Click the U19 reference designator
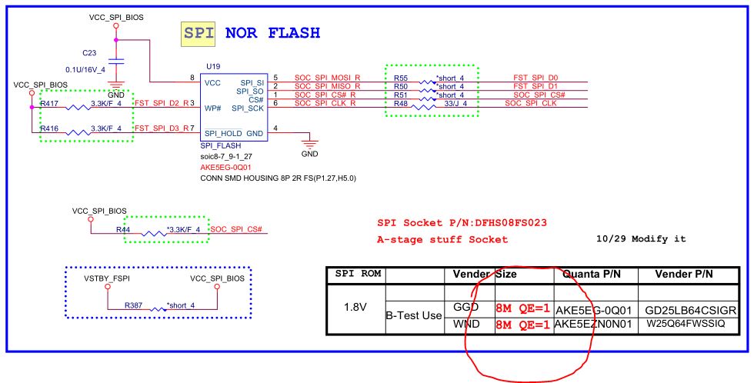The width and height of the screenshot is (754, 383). (212, 68)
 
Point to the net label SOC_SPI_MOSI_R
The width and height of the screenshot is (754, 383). (325, 78)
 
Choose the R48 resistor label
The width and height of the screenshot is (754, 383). (400, 103)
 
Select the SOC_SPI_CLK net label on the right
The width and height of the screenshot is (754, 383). (530, 103)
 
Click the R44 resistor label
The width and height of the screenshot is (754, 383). (123, 229)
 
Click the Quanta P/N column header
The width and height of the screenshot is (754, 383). (592, 274)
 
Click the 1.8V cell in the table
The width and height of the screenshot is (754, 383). (353, 306)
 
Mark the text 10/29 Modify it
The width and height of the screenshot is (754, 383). (640, 239)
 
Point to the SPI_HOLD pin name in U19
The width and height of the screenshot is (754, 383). (224, 134)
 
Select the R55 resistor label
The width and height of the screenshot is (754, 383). (400, 78)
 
